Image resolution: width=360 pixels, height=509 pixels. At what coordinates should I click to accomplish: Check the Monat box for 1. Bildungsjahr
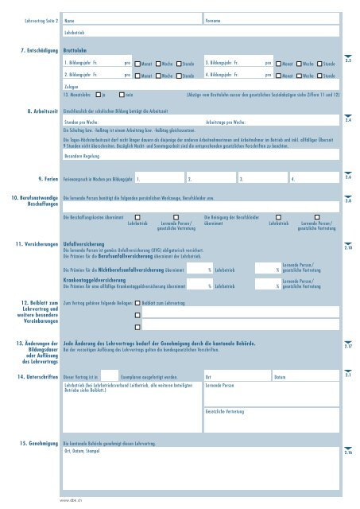(137, 61)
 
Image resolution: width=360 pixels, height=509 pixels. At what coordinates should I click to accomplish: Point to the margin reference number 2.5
(348, 60)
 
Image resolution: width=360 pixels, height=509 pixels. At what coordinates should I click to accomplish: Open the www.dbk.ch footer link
(72, 500)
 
